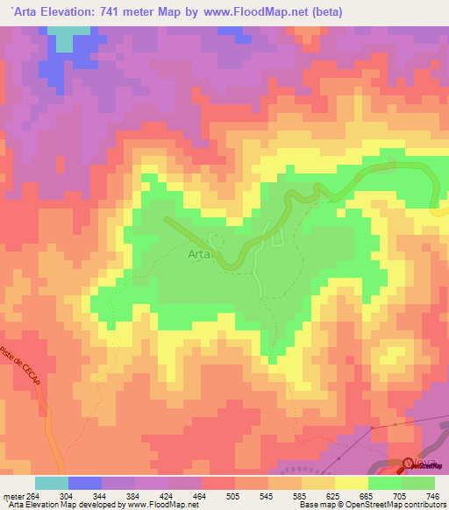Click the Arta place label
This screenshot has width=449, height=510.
click(x=198, y=255)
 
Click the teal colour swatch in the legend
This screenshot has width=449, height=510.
click(x=51, y=483)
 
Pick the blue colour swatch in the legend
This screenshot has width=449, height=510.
click(x=85, y=483)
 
